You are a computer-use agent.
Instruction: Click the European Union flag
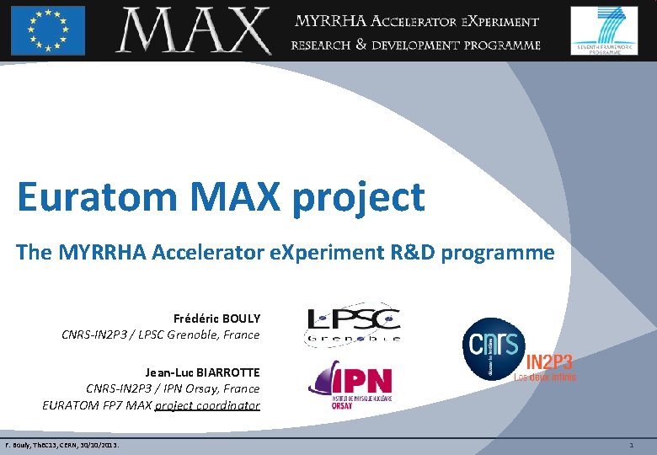click(x=48, y=29)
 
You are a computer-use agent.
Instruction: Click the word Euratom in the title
click(x=96, y=198)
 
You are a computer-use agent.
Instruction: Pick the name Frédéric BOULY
click(x=216, y=318)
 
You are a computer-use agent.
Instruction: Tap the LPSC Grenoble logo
click(x=351, y=324)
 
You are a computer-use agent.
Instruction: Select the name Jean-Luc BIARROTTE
click(x=202, y=372)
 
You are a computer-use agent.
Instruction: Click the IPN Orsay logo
click(x=350, y=383)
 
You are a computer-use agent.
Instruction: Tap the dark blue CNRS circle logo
click(x=494, y=350)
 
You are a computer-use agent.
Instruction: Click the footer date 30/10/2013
click(x=95, y=444)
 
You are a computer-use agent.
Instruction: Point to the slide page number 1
click(x=632, y=444)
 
